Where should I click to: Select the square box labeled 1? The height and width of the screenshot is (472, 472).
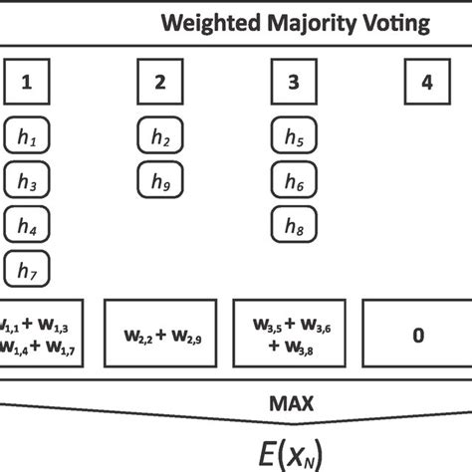[x=27, y=83]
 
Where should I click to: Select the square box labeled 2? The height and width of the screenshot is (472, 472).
[x=160, y=83]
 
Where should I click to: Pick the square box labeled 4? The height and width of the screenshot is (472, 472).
[x=426, y=83]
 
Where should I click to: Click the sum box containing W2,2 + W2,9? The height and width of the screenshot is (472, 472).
[x=160, y=337]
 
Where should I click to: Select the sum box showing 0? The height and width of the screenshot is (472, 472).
[x=417, y=337]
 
